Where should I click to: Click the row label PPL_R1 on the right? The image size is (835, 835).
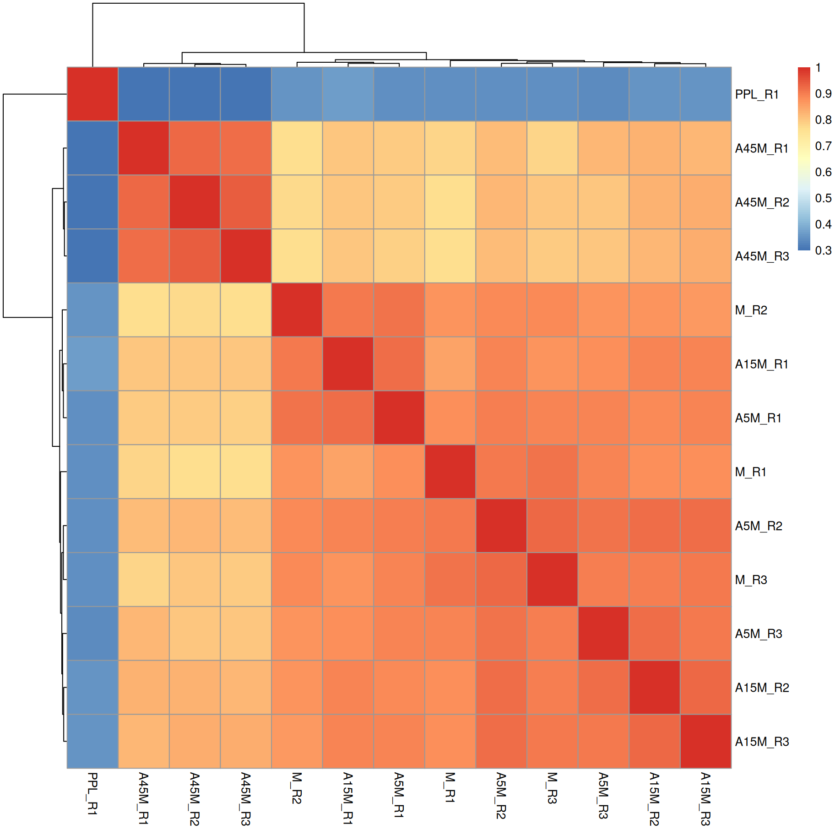tap(756, 94)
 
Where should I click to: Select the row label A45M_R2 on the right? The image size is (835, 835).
tap(762, 202)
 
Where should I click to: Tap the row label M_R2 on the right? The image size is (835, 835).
tap(751, 310)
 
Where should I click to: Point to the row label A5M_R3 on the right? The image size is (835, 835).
tap(758, 634)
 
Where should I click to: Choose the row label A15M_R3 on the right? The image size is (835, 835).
tap(762, 742)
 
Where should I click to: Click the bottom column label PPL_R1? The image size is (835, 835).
tap(92, 793)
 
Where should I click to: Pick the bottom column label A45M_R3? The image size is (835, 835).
tap(246, 799)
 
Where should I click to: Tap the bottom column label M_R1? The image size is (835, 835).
tap(450, 787)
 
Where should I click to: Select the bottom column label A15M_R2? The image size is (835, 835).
tap(654, 799)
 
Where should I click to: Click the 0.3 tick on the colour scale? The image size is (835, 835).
tap(823, 250)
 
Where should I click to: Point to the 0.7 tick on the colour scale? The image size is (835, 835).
tap(823, 146)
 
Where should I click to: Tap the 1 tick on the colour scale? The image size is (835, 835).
tap(818, 68)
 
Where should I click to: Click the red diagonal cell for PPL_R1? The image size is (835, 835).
tap(92, 94)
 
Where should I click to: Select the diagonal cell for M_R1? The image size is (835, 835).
tap(450, 472)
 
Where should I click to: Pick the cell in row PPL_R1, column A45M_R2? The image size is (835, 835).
tap(195, 94)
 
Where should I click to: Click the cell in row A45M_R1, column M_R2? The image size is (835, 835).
tap(297, 148)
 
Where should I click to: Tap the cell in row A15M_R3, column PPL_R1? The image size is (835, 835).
tap(92, 742)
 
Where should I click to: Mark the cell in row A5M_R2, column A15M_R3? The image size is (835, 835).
tap(705, 526)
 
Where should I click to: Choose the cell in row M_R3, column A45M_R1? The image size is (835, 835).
tap(144, 580)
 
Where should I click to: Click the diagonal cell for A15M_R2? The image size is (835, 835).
tap(654, 688)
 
